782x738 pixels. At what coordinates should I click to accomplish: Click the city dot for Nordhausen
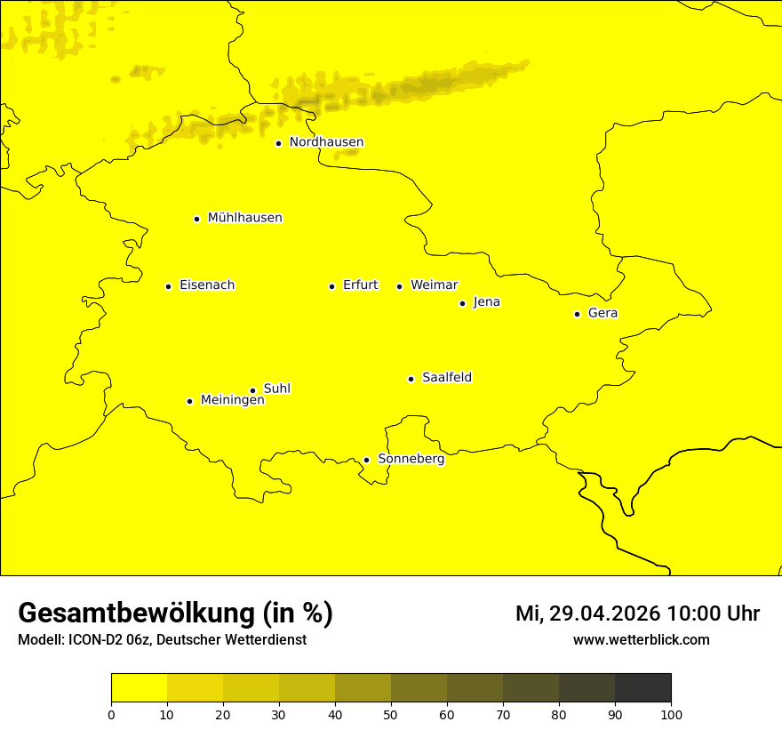(x=278, y=143)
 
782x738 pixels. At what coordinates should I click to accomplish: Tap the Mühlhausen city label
(x=244, y=218)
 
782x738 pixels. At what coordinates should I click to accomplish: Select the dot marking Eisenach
(x=168, y=286)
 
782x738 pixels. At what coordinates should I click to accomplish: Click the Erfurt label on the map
(x=360, y=285)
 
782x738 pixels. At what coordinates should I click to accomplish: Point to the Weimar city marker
(x=399, y=286)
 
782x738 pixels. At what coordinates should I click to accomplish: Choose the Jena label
(x=486, y=302)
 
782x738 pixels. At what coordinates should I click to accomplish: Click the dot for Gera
(x=577, y=314)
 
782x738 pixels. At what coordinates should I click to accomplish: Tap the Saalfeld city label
(x=446, y=378)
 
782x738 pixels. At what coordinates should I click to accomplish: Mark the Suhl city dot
(x=252, y=390)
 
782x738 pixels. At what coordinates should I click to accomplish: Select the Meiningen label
(x=232, y=400)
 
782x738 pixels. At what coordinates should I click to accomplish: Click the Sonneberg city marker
(x=366, y=460)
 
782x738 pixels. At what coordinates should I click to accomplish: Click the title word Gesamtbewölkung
(x=134, y=614)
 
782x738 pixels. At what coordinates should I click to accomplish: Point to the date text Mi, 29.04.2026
(x=588, y=614)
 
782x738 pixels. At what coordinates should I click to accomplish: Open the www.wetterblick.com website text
(x=641, y=639)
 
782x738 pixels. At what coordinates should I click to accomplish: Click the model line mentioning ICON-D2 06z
(x=162, y=639)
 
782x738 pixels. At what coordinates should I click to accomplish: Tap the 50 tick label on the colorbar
(x=391, y=713)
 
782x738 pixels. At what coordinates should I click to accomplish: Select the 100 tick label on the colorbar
(x=671, y=713)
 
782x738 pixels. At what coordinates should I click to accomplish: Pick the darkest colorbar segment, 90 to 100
(x=642, y=687)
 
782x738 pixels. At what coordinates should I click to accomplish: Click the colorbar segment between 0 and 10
(x=139, y=687)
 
